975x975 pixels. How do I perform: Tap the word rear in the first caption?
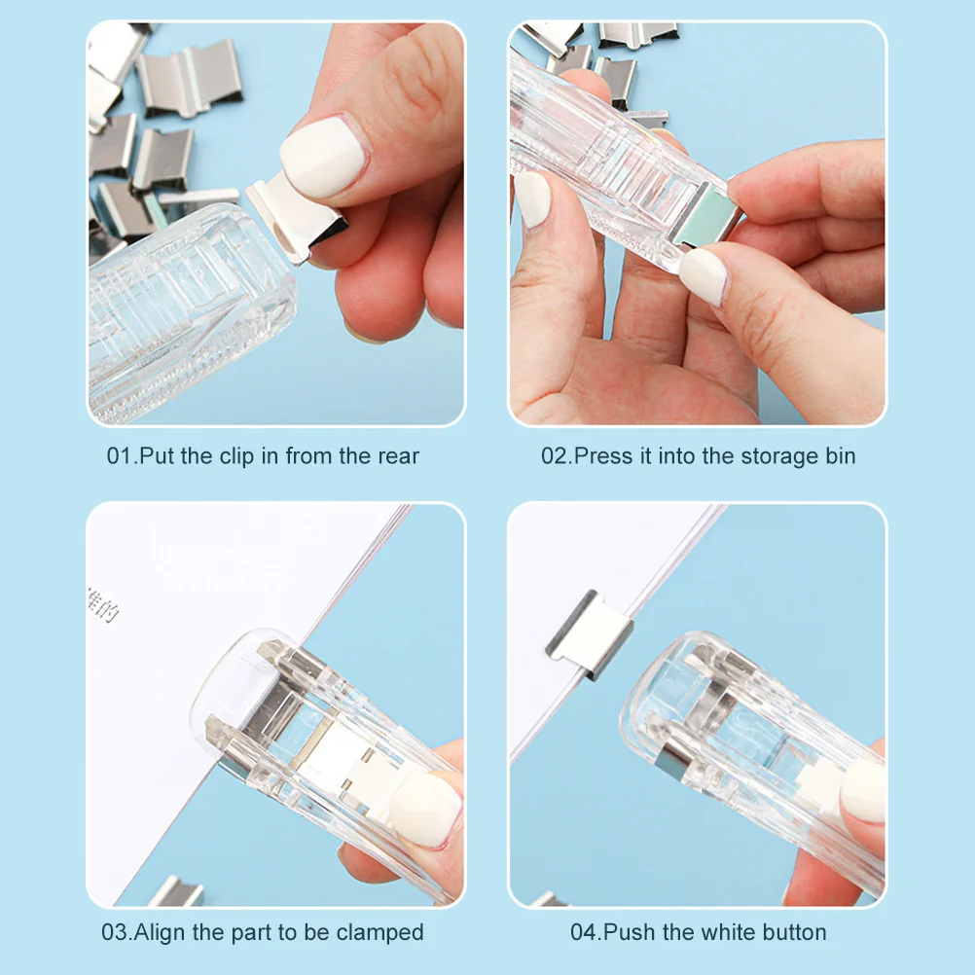[x=398, y=456]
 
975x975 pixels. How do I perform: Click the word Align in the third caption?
[x=161, y=932]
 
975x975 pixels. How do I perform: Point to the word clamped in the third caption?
[x=379, y=932]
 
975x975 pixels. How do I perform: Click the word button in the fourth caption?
[x=791, y=932]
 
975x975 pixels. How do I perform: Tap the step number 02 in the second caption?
[x=554, y=456]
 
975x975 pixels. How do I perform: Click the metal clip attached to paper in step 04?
[x=588, y=633]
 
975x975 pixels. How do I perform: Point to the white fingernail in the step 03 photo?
[x=425, y=807]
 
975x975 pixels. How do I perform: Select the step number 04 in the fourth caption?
[x=583, y=932]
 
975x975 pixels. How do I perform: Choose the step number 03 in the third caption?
[x=114, y=932]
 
